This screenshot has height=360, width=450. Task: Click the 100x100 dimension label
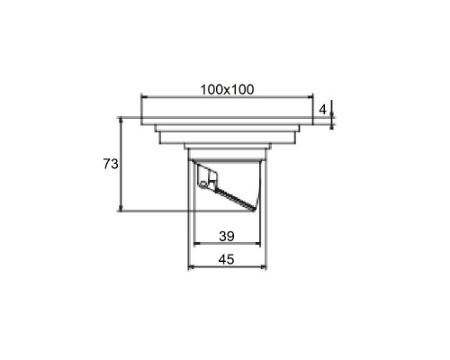click(x=227, y=89)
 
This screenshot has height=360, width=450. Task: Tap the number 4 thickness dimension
click(x=322, y=110)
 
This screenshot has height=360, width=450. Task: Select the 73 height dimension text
click(x=111, y=164)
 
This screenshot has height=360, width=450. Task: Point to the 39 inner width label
click(x=227, y=237)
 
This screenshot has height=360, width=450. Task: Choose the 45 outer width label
click(x=226, y=259)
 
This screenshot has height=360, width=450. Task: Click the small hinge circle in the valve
click(x=203, y=184)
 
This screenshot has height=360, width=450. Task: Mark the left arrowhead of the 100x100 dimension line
click(x=143, y=97)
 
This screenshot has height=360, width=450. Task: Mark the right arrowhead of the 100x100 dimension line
click(x=310, y=97)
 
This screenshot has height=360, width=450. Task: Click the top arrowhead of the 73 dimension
click(x=121, y=120)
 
